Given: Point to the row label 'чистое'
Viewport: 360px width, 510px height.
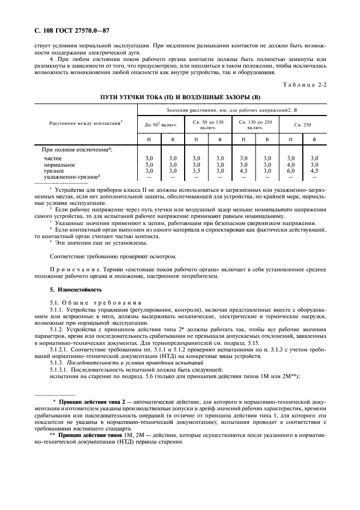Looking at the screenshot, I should coord(53,158).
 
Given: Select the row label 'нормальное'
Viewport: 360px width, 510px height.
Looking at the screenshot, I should coord(59,165).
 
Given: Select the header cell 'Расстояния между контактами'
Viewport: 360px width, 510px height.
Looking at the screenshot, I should coord(86,124).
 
